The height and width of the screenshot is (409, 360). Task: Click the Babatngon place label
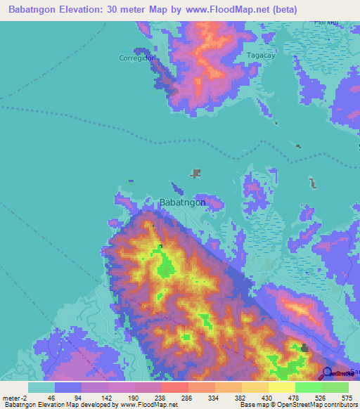(x=183, y=202)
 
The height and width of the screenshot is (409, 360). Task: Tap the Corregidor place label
(x=136, y=58)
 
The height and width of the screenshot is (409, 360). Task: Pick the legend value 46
(x=52, y=397)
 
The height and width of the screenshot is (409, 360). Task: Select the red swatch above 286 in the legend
(x=174, y=387)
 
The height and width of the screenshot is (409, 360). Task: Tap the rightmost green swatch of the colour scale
(x=335, y=387)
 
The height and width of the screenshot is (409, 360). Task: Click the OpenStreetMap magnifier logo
(x=328, y=373)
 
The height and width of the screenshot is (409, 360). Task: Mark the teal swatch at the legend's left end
(x=41, y=387)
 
